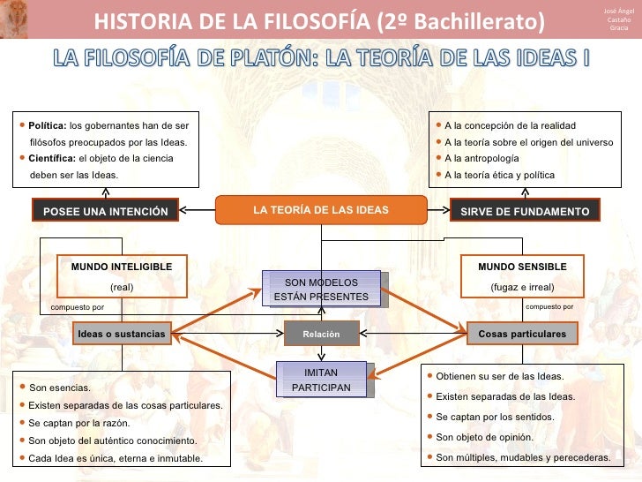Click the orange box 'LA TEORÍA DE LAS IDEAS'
(x=320, y=210)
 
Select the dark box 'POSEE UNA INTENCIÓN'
(x=106, y=212)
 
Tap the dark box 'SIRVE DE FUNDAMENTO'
(x=525, y=212)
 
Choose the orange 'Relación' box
(x=320, y=335)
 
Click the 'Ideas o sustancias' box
(x=121, y=335)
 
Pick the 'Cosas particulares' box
(x=522, y=335)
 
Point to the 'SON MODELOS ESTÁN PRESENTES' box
(x=321, y=289)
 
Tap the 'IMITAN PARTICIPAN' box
(x=321, y=380)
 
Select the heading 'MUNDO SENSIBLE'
(x=522, y=267)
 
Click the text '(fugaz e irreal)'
(x=522, y=287)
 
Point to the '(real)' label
(x=122, y=287)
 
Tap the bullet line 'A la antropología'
(x=481, y=158)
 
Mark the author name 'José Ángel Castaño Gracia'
(x=619, y=19)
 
